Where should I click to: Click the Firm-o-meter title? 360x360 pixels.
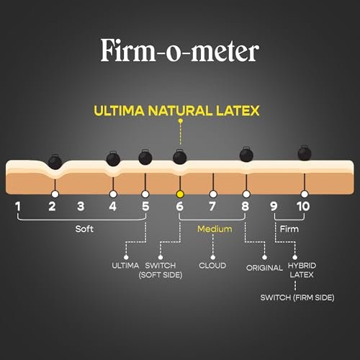(180, 50)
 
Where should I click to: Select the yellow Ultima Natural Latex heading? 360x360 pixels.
(176, 111)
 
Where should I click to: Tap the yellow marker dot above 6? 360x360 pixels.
(180, 194)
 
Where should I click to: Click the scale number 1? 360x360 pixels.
(18, 207)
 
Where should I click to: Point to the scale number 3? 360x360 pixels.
(81, 207)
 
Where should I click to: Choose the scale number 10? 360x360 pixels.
(303, 207)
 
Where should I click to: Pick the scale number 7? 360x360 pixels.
(212, 207)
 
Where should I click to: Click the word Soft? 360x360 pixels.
(84, 229)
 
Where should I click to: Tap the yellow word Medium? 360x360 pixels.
(215, 229)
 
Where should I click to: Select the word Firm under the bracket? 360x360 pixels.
(289, 229)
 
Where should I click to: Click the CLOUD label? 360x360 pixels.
(212, 266)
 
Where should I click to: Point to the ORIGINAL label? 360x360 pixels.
(264, 268)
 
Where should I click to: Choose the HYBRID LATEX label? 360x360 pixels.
(302, 270)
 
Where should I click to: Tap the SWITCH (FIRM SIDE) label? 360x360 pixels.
(297, 297)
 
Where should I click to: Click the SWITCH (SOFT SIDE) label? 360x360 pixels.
(161, 270)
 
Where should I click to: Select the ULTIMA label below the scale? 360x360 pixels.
(125, 266)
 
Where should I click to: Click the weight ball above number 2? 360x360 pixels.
(55, 161)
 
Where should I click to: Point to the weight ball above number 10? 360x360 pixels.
(305, 153)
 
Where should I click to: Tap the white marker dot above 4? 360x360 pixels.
(113, 194)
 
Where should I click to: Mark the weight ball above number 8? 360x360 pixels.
(246, 154)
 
